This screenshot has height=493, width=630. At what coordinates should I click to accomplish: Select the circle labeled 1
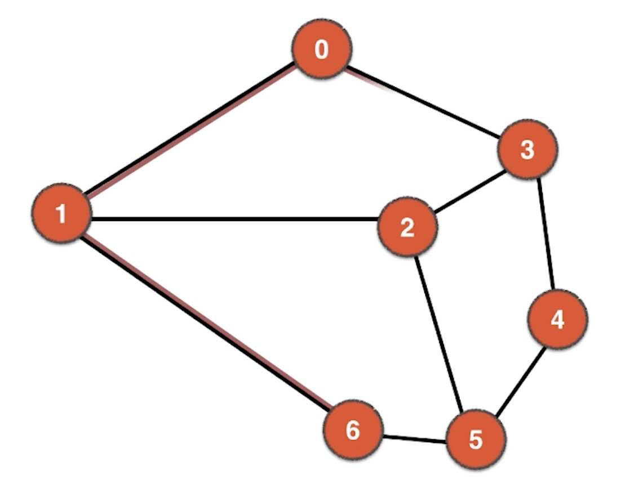pyautogui.click(x=61, y=214)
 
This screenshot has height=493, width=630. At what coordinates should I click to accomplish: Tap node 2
pyautogui.click(x=406, y=227)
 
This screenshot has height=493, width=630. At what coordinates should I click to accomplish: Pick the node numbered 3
pyautogui.click(x=527, y=150)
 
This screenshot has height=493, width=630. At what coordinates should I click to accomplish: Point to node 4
pyautogui.click(x=557, y=320)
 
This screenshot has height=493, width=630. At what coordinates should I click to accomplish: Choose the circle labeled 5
pyautogui.click(x=476, y=439)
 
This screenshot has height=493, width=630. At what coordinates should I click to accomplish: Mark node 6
pyautogui.click(x=353, y=431)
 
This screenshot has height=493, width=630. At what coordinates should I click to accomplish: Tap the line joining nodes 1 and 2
pyautogui.click(x=234, y=219)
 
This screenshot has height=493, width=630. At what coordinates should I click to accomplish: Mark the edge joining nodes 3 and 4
pyautogui.click(x=547, y=234)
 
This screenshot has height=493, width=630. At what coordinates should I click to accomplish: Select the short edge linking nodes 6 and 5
pyautogui.click(x=414, y=438)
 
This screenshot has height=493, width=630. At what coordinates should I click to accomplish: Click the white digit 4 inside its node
pyautogui.click(x=557, y=320)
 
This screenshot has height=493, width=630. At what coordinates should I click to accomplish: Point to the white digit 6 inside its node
pyautogui.click(x=353, y=431)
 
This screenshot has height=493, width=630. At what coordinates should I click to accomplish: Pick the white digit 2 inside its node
pyautogui.click(x=406, y=227)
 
